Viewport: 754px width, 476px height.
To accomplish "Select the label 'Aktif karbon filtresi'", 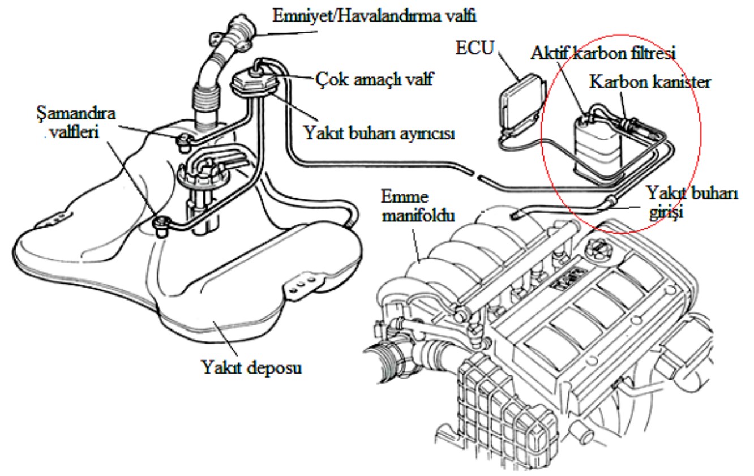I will pos(604,52).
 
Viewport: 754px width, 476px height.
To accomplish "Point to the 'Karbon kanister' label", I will pos(650,82).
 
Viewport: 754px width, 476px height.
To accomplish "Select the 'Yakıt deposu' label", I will pos(251,367).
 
